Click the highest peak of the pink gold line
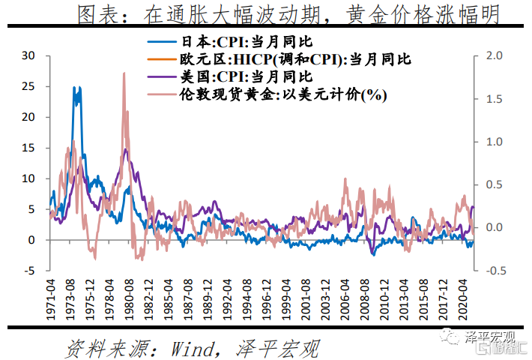(123, 73)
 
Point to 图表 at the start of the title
(94, 13)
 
